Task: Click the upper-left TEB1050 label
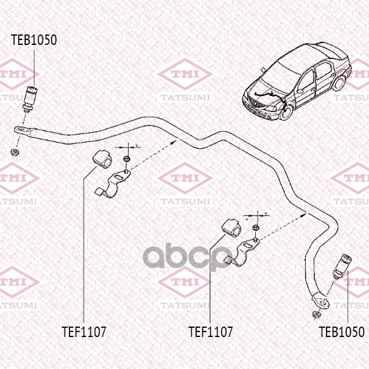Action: click(x=34, y=40)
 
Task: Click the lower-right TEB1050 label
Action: click(x=341, y=332)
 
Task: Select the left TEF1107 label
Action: click(x=84, y=332)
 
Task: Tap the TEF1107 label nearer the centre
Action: click(x=210, y=332)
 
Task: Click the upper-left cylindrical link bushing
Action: click(x=30, y=99)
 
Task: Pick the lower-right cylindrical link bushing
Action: click(x=342, y=266)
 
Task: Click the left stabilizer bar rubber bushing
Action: click(x=101, y=159)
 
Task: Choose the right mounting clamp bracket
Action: click(x=242, y=252)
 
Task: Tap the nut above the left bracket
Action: click(x=127, y=159)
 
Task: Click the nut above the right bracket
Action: click(x=256, y=228)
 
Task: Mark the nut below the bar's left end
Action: click(x=15, y=151)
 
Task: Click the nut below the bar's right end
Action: click(x=316, y=315)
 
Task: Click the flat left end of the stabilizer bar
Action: click(x=25, y=130)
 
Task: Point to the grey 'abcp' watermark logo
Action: click(x=186, y=256)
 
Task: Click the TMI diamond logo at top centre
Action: click(x=185, y=74)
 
